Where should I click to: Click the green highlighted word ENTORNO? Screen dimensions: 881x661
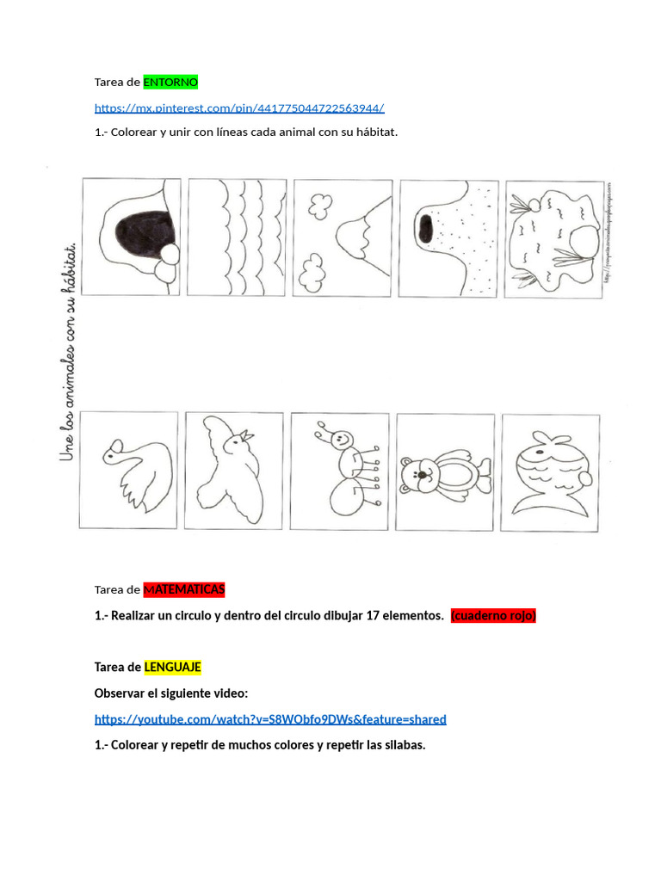[x=170, y=83]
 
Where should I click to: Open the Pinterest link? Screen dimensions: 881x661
[x=239, y=108]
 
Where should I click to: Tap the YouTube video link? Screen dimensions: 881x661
[x=270, y=719]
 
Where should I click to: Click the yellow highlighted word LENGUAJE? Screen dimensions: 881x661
[x=172, y=668]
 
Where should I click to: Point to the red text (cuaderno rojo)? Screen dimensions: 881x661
[x=493, y=616]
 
